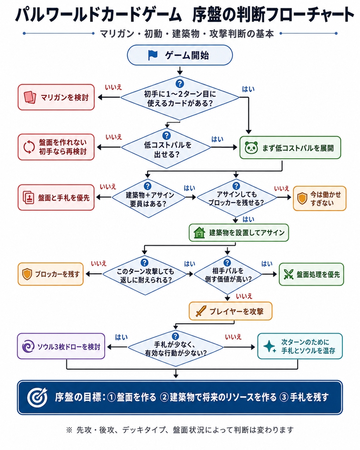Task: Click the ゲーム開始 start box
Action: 180,55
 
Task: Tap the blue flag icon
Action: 153,55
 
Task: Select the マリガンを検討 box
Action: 56,97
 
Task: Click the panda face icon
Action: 251,148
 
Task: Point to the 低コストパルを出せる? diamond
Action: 166,148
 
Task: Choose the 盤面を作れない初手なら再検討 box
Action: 56,147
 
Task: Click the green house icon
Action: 199,232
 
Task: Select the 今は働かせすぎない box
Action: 320,198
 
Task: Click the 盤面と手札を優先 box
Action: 56,197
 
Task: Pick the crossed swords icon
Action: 288,274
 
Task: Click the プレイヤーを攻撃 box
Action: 230,311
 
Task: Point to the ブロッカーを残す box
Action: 51,274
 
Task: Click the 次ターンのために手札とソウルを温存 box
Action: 300,346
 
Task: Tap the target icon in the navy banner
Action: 37,397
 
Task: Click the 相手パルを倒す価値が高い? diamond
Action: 227,275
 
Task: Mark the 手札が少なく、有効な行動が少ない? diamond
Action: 175,348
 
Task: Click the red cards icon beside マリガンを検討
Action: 29,97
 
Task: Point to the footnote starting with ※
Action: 180,430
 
